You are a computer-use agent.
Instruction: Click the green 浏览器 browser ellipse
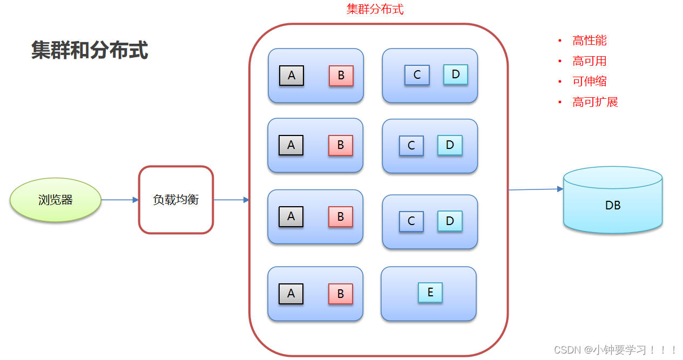(56, 200)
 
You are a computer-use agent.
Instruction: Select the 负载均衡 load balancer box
(176, 200)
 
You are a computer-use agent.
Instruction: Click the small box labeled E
(430, 293)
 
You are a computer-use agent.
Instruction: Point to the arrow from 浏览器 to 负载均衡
(120, 200)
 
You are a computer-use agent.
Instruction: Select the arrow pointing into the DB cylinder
(535, 189)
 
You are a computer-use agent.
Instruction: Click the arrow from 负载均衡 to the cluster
(231, 200)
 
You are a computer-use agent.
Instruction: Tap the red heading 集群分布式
(375, 9)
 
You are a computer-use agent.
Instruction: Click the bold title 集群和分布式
(90, 50)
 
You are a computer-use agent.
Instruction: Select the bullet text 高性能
(590, 40)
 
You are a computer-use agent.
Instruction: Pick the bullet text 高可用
(590, 61)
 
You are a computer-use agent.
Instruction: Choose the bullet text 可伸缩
(590, 81)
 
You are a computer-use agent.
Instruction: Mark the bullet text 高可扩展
(595, 102)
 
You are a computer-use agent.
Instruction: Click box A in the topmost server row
(292, 76)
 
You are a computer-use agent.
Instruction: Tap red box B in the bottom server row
(341, 294)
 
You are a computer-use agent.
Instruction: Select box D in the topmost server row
(456, 74)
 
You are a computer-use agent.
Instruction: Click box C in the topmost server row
(417, 75)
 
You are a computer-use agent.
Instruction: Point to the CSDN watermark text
(616, 350)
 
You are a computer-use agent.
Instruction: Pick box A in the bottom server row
(291, 294)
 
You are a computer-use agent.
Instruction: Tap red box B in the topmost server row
(341, 76)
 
